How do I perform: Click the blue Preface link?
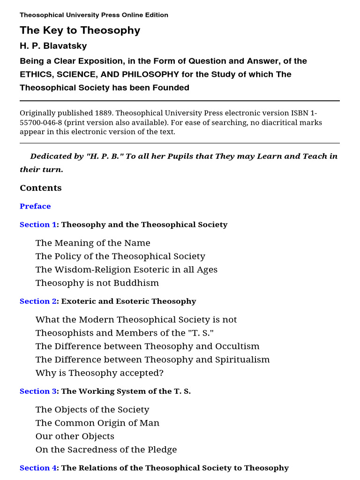coord(35,206)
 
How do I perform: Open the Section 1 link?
coord(38,225)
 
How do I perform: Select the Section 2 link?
coord(38,301)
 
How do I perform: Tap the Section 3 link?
coord(38,391)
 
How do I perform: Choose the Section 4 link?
coord(38,468)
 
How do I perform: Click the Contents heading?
coord(41,188)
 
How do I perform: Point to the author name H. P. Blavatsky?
coord(53,46)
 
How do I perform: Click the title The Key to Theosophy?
coord(80,30)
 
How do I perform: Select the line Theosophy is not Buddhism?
coord(97,283)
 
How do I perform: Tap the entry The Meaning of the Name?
coord(93,243)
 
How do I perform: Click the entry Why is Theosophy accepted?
coord(99,373)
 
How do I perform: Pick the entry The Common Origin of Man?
coord(97,423)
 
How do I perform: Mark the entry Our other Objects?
coord(75,436)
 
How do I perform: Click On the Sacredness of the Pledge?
coord(106,450)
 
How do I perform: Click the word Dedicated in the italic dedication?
coord(50,156)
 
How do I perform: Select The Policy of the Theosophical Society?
coord(120,256)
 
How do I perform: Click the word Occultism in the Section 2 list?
coord(237,346)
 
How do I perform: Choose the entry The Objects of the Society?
coord(92,410)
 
